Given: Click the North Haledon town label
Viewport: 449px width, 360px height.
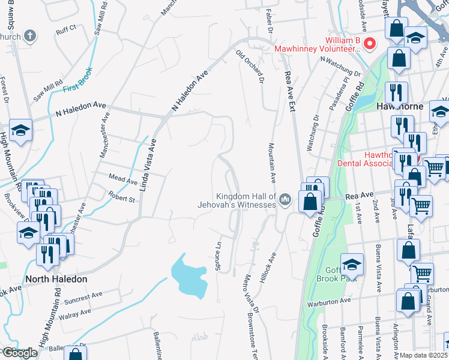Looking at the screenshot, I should pyautogui.click(x=56, y=279).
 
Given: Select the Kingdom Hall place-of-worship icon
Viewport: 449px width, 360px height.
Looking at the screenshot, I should pyautogui.click(x=285, y=199).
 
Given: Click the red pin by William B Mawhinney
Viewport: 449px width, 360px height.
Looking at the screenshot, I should pyautogui.click(x=370, y=43).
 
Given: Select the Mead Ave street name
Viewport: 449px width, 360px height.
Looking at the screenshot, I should pyautogui.click(x=123, y=178).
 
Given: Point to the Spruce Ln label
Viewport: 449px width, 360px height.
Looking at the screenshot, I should pyautogui.click(x=218, y=256).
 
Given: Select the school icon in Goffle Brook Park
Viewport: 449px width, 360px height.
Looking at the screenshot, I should pyautogui.click(x=352, y=265).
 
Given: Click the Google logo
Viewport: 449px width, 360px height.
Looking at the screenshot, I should pyautogui.click(x=20, y=353).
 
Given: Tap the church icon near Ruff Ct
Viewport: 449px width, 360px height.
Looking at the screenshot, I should pyautogui.click(x=29, y=35).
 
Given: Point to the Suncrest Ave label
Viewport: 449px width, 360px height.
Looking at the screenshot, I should pyautogui.click(x=85, y=297).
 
